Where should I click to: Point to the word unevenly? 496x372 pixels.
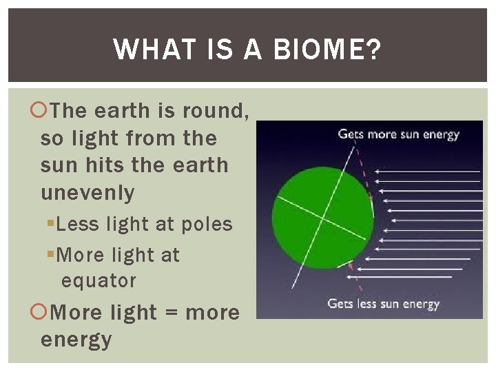coord(87,194)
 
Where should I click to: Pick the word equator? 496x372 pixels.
coord(99,281)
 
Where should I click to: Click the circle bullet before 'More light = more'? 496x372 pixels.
coord(39,313)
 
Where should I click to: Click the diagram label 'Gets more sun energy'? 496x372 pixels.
coord(397,134)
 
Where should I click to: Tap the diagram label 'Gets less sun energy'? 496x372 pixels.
coord(383,303)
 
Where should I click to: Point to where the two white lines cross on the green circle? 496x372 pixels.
coord(322,217)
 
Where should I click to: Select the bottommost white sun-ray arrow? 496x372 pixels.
coord(400,277)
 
